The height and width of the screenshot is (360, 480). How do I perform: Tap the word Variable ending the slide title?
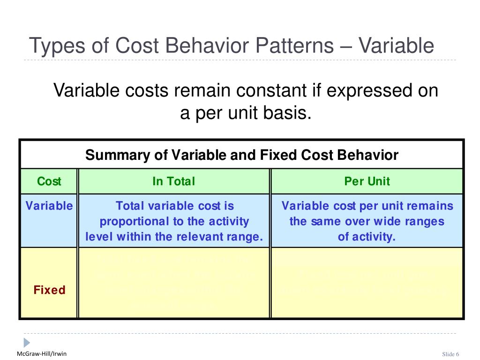(397, 46)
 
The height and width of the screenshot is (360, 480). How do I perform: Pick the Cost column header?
(49, 181)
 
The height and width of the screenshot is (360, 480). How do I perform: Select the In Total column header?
(173, 181)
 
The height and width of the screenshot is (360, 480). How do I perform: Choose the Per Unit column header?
(367, 181)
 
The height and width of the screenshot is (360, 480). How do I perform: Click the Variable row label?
(49, 206)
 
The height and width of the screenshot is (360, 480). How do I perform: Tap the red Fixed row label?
(49, 290)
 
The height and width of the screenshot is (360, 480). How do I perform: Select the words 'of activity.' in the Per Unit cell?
(367, 237)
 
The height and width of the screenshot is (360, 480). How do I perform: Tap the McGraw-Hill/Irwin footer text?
(42, 353)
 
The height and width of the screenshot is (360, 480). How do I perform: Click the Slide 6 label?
(451, 354)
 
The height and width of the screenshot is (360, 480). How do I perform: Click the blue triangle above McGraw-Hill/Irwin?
(27, 342)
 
